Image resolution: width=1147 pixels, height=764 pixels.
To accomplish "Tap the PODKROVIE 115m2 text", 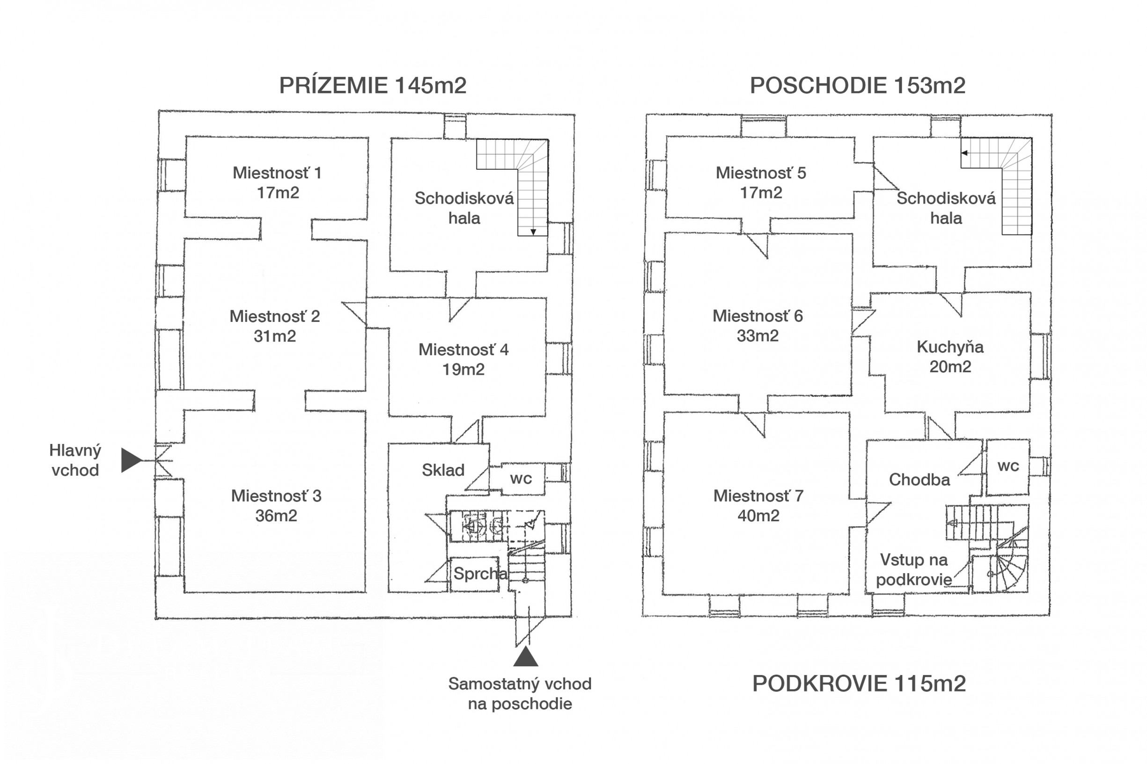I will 859,684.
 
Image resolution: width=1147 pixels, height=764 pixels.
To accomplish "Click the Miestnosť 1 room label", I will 277,173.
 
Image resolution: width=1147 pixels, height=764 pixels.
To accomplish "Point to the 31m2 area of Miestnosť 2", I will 274,336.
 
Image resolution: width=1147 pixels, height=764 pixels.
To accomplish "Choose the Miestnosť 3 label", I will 276,496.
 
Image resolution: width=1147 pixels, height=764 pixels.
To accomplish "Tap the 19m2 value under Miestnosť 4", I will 463,370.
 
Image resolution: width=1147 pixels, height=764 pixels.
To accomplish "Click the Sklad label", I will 442,470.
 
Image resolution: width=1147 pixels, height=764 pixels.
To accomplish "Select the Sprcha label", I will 480,574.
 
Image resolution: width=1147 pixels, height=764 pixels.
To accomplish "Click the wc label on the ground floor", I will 521,479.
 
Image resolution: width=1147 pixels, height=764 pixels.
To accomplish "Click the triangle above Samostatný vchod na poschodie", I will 525,657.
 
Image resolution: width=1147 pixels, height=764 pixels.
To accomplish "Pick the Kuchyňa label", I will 949,347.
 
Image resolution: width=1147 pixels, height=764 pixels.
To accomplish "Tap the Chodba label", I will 919,480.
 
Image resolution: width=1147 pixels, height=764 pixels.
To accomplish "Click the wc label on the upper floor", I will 1008,466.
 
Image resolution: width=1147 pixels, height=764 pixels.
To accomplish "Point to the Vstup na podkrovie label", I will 913,569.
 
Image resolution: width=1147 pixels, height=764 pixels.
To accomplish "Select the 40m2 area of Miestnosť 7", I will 758,516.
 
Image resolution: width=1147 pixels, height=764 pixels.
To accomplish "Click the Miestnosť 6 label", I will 757,316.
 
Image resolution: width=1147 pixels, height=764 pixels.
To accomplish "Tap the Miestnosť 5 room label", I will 760,173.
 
